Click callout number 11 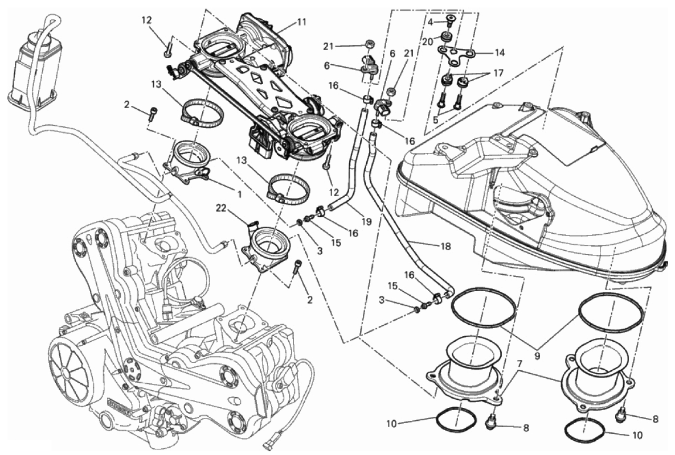click(x=301, y=22)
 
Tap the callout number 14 click(x=499, y=52)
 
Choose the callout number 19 click(x=366, y=220)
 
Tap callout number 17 click(x=498, y=73)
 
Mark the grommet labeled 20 click(x=447, y=37)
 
